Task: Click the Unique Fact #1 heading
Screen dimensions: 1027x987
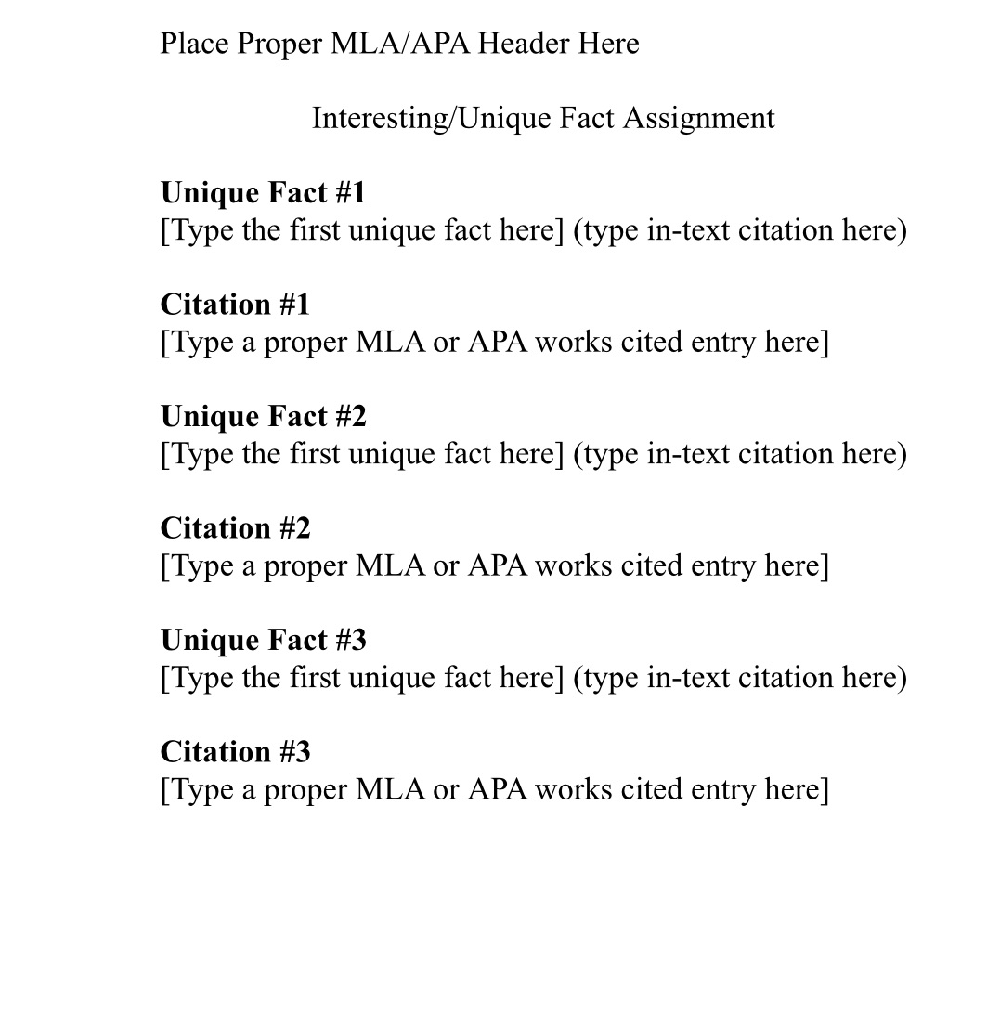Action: point(264,192)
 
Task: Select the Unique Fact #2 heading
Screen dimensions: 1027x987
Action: point(264,416)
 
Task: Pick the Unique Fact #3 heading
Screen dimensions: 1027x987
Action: point(264,640)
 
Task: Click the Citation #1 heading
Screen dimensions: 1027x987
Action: point(235,305)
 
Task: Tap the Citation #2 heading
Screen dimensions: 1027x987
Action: point(235,528)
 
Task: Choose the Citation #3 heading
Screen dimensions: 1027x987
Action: point(235,752)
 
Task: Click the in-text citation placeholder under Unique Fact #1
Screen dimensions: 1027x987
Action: point(740,230)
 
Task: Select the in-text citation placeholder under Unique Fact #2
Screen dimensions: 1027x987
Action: point(740,454)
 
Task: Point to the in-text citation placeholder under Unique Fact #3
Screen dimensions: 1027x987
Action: point(740,678)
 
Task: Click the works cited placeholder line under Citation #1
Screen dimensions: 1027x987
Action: point(494,343)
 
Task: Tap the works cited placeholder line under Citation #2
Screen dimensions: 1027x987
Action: point(494,566)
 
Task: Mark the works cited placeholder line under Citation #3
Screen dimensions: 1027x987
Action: point(494,790)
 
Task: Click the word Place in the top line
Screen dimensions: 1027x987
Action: point(194,44)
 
